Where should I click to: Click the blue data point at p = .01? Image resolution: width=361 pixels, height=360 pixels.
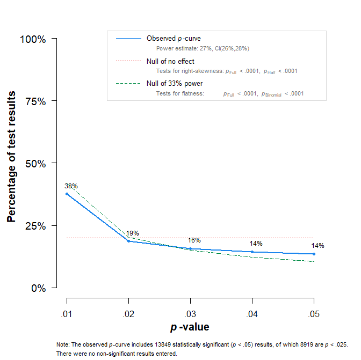coord(67,194)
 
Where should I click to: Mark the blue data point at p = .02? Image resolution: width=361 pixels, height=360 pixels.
coord(128,241)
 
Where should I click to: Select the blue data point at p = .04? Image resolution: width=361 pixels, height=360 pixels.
coord(252,252)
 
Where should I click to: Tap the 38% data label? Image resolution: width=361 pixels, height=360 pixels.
coord(71,186)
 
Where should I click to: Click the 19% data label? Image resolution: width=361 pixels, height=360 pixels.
coord(132,233)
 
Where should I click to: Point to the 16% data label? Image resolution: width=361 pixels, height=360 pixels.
coord(194,240)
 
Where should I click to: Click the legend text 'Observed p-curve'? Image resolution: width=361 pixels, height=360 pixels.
coord(174,39)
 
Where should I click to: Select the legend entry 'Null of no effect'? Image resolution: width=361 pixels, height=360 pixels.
coord(170,61)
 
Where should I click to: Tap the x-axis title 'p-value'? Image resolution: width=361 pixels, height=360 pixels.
coord(190,327)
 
